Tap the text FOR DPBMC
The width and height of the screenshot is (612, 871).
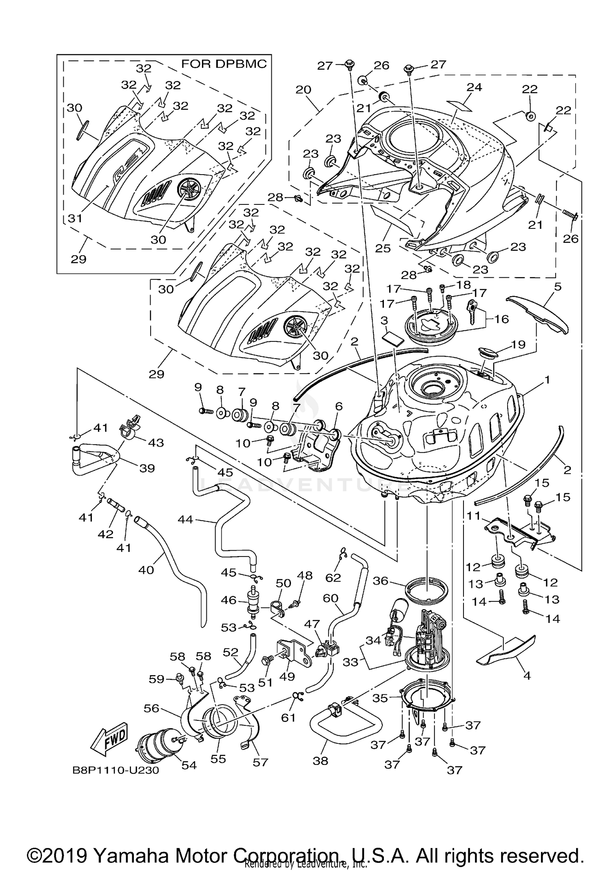click(224, 64)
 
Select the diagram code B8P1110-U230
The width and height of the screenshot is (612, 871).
click(115, 770)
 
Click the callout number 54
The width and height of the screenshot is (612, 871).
click(189, 765)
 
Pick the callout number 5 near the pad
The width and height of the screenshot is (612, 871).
click(558, 287)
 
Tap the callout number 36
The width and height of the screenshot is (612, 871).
click(380, 580)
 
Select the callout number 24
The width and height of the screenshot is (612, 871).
click(474, 87)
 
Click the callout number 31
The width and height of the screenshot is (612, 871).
click(75, 218)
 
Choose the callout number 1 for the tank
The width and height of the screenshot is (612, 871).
click(547, 380)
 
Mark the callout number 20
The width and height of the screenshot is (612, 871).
click(304, 89)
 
